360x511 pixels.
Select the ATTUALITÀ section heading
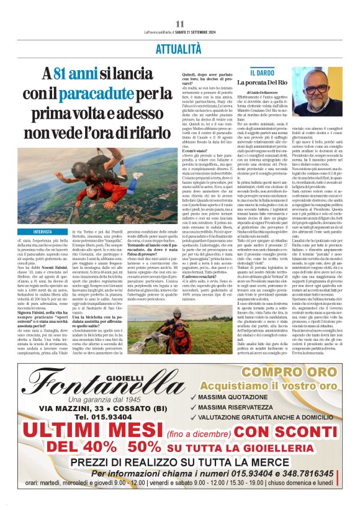179,47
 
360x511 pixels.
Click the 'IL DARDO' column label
262,73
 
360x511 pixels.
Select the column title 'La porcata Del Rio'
276,83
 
